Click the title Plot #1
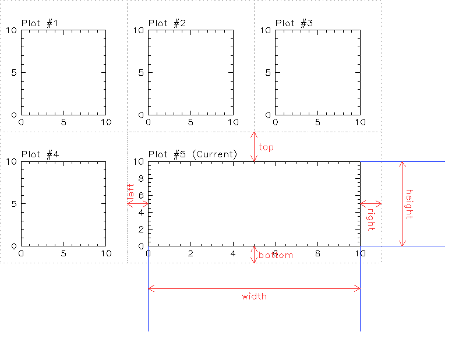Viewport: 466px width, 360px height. [40, 23]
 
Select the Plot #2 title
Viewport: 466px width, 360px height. [167, 23]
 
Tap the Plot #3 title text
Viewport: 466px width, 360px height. [294, 23]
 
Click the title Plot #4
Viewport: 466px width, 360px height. [40, 154]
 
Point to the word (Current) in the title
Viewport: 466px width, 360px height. [214, 154]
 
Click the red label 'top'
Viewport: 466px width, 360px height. [266, 147]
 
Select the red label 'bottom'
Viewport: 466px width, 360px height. [276, 255]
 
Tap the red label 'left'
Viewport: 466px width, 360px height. [130, 191]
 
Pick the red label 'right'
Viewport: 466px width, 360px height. [371, 220]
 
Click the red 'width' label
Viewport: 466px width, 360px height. [254, 297]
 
